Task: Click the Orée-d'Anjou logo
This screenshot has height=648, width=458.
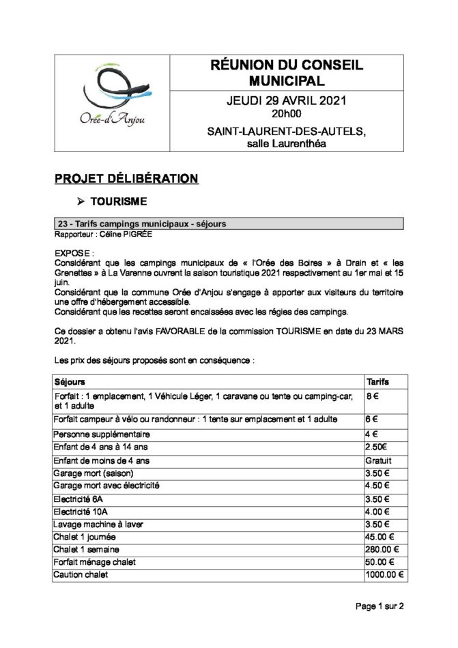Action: click(113, 102)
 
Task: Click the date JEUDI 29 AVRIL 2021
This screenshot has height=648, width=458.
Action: click(286, 101)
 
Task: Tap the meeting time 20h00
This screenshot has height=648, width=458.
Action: click(286, 113)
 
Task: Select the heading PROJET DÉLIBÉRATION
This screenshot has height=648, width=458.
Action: click(126, 179)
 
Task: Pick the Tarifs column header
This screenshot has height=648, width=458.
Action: click(378, 381)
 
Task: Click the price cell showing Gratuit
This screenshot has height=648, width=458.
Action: click(380, 460)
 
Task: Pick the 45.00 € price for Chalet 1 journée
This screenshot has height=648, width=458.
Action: click(380, 537)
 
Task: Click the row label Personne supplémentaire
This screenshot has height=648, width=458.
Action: click(101, 435)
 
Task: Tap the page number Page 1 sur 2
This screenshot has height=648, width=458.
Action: click(380, 605)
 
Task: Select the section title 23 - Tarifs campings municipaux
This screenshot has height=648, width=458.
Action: click(142, 224)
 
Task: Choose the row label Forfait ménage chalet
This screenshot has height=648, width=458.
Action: click(94, 562)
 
